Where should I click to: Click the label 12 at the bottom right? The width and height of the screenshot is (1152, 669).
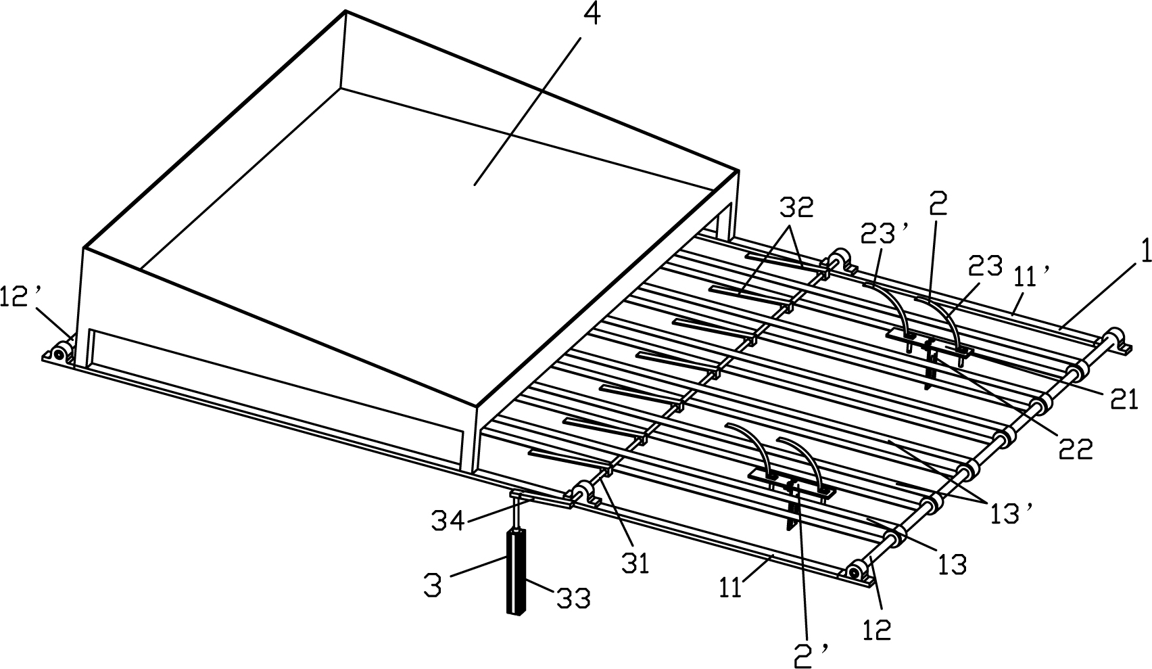click(878, 629)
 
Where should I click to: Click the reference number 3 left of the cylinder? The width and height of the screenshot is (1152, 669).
click(433, 585)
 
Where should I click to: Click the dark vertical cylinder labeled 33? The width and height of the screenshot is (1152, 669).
click(517, 572)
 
